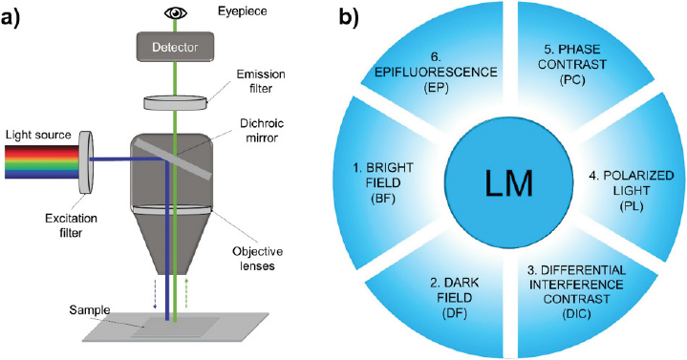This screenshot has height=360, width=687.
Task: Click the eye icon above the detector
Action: click(175, 12)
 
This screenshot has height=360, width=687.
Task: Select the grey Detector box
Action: click(176, 47)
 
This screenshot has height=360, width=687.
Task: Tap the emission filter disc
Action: click(176, 99)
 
